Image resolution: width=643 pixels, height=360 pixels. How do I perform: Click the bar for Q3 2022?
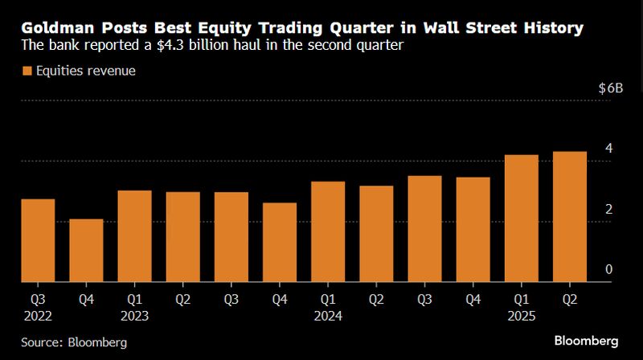point(38,240)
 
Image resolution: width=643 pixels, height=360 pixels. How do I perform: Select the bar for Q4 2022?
point(86,250)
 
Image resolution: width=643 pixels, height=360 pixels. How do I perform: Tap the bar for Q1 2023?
point(134,236)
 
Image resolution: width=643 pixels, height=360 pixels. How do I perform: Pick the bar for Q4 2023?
point(279,242)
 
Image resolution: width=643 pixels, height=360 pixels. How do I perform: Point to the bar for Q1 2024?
point(327,231)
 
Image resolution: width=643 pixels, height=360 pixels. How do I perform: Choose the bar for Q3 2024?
point(424,229)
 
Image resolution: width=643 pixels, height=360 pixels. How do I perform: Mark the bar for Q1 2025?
point(520,219)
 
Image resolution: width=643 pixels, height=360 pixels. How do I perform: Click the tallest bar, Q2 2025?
point(568,217)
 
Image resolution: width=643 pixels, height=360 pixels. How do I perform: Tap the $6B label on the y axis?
point(610,88)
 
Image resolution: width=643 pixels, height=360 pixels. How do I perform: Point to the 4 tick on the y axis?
point(608,149)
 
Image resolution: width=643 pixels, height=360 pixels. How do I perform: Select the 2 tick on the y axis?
point(608,209)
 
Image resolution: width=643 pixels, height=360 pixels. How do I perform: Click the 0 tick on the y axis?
point(608,269)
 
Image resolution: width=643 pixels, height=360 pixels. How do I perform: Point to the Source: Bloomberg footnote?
point(74,343)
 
